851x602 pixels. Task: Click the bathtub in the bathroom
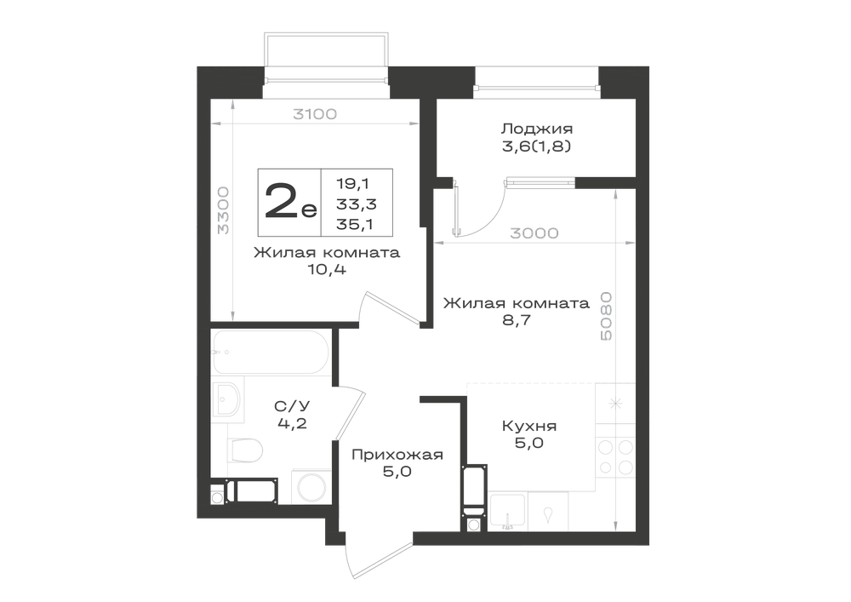tap(271, 352)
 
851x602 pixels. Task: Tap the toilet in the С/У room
tap(245, 450)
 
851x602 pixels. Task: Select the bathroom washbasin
tap(227, 399)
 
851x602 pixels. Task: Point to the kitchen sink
tap(507, 511)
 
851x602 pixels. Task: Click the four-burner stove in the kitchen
tap(615, 456)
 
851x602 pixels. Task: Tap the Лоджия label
tap(536, 129)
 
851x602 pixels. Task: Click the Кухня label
tap(529, 426)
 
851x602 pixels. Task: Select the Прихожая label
tap(397, 455)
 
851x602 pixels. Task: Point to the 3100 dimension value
tap(315, 114)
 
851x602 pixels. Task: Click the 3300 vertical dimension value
tap(223, 210)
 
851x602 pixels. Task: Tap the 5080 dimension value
tap(606, 317)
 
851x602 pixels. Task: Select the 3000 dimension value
tap(534, 232)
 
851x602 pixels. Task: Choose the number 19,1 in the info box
tap(353, 183)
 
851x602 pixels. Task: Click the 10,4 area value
tap(327, 269)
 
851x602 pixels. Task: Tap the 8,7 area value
tap(517, 319)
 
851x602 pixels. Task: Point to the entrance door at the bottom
tap(380, 559)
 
